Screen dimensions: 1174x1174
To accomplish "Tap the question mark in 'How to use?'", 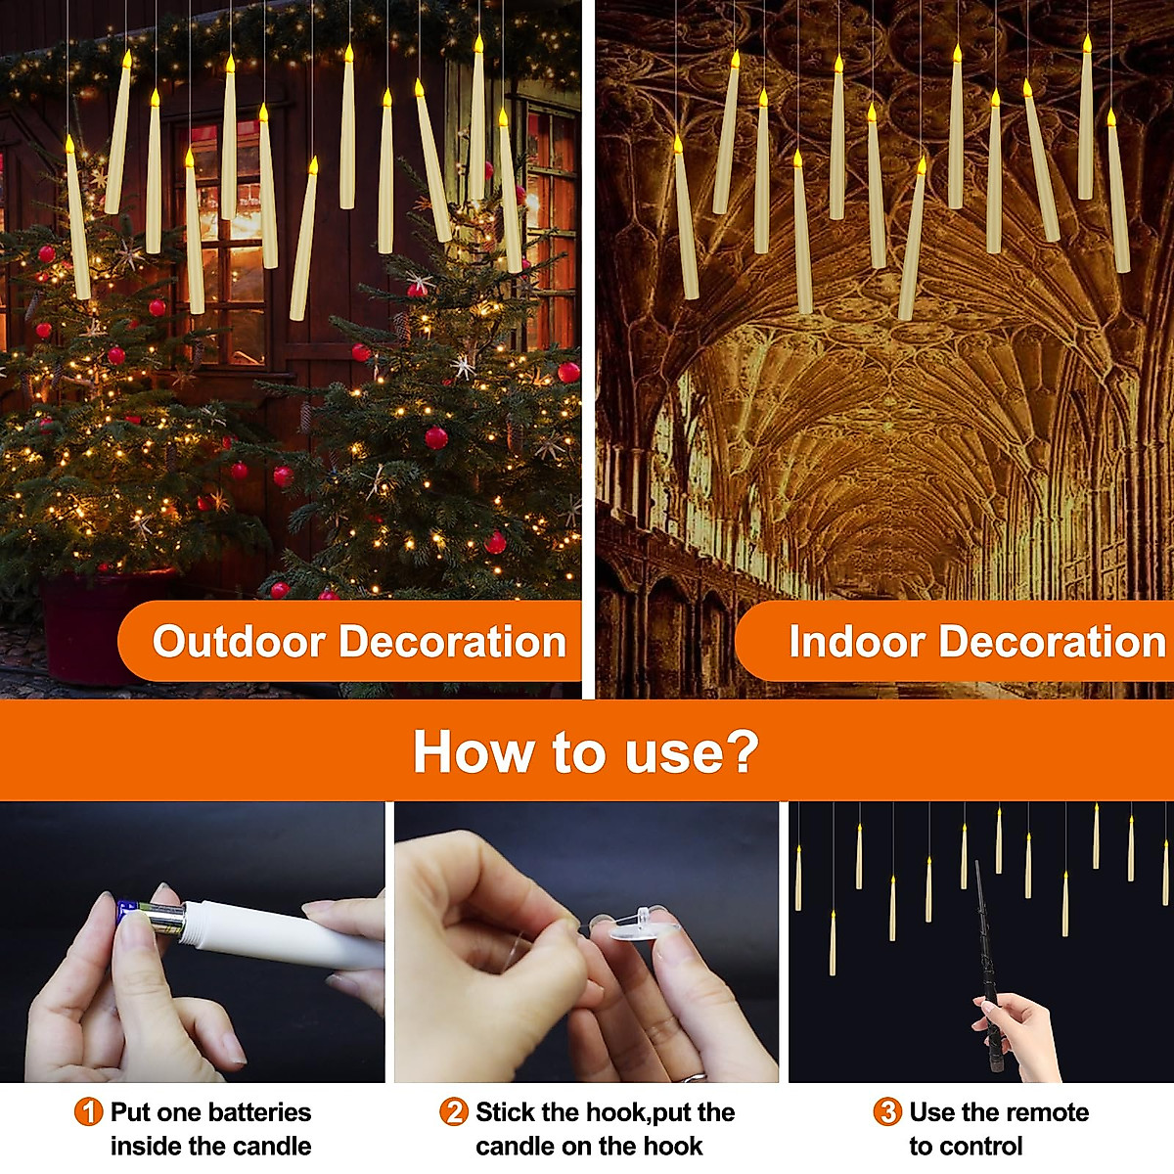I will coord(742,751).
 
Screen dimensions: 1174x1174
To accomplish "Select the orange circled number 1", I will coord(88,1112).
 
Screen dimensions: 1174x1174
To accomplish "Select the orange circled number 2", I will coord(454,1112).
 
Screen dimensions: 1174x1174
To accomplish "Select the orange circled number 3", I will coord(887,1112).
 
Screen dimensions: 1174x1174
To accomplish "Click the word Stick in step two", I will coord(505,1112).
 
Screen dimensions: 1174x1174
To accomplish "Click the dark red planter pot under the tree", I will coord(88,626).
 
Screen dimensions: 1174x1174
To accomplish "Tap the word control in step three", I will coord(966,1147).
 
